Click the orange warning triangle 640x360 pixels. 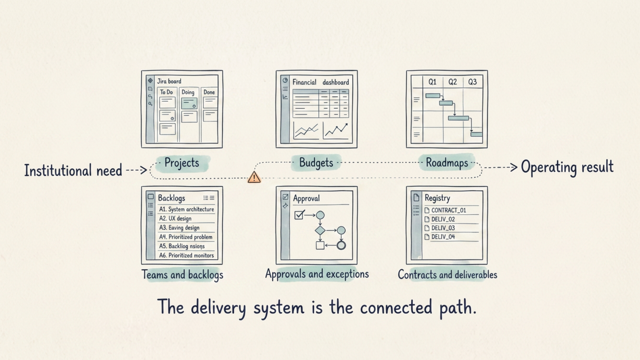[254, 177]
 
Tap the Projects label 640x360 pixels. [182, 163]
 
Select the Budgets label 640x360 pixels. [316, 163]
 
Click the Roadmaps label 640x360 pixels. [447, 163]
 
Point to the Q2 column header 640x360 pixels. [452, 82]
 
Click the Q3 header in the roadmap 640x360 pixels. [472, 82]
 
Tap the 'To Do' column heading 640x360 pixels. [166, 92]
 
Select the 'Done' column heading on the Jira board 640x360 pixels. [209, 92]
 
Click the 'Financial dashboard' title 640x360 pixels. [321, 82]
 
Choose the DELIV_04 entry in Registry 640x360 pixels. [440, 237]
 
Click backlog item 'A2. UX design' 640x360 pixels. [175, 219]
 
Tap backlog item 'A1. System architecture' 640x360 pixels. [186, 209]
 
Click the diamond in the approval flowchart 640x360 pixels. [320, 230]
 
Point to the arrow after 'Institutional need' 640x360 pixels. [136, 170]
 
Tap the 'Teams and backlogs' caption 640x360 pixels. [182, 275]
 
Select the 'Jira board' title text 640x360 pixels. [169, 81]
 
